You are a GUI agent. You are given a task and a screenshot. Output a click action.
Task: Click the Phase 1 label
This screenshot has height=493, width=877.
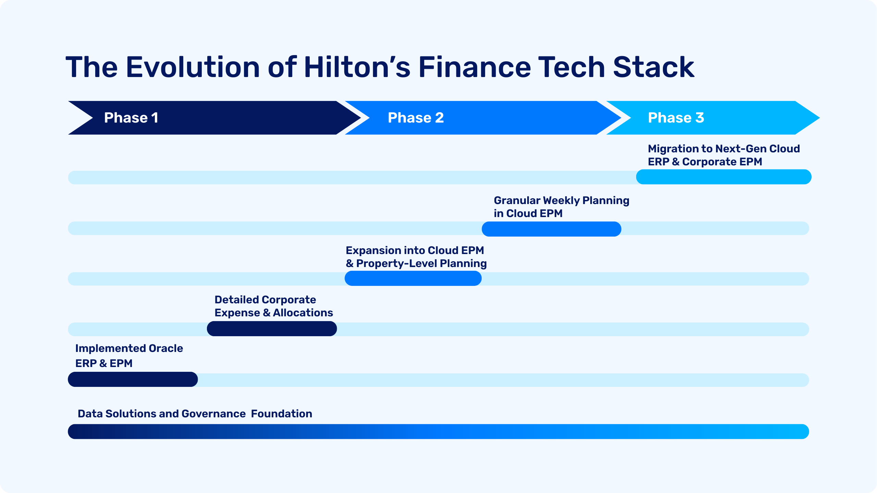click(x=131, y=118)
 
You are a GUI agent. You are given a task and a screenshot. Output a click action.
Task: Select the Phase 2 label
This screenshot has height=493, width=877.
click(x=416, y=118)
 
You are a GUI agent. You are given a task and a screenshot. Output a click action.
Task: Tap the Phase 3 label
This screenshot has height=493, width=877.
click(x=676, y=118)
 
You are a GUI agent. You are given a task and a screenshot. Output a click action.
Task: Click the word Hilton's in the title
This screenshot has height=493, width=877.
click(x=357, y=67)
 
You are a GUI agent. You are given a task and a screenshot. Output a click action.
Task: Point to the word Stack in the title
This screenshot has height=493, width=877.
click(x=653, y=67)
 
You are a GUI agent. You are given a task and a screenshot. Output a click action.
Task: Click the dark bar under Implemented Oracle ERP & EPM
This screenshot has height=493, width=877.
click(x=133, y=379)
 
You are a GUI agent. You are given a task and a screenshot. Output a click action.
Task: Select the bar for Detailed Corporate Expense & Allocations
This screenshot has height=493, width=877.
click(x=272, y=329)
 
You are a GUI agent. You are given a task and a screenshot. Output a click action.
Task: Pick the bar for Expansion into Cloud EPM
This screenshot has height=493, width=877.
click(x=413, y=278)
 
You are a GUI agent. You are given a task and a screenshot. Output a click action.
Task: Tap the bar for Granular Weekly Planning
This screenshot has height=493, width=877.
click(x=552, y=229)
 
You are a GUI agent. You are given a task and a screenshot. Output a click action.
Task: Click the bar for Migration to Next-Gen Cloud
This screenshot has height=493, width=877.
click(x=724, y=177)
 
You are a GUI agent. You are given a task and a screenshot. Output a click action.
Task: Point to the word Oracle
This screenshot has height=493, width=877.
click(x=166, y=348)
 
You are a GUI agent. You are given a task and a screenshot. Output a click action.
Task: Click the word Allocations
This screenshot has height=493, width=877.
click(x=303, y=313)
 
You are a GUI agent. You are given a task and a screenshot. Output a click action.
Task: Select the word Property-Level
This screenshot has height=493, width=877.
click(x=397, y=264)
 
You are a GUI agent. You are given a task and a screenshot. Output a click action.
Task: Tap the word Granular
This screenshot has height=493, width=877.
click(x=517, y=200)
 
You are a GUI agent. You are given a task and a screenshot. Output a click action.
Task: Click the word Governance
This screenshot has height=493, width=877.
click(x=213, y=414)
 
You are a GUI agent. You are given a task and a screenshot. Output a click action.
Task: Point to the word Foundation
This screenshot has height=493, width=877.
click(x=282, y=414)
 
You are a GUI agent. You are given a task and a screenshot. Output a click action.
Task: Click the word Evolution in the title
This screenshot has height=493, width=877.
click(x=193, y=67)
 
